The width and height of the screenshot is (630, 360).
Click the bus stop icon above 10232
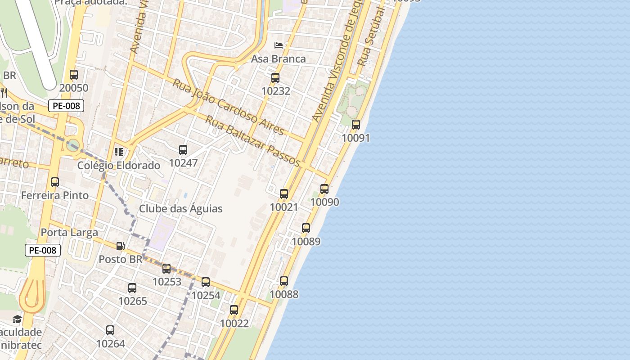click(275, 78)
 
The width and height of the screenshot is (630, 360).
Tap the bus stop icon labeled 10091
click(356, 125)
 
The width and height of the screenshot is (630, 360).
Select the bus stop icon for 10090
click(324, 189)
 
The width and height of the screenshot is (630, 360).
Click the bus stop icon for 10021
click(284, 194)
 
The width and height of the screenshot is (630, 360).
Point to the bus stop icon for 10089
click(306, 228)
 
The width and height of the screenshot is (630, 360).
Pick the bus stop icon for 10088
click(284, 281)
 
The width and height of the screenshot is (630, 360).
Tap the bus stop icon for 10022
click(234, 310)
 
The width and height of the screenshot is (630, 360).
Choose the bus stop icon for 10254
click(206, 282)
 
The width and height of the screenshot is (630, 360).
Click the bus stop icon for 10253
click(166, 269)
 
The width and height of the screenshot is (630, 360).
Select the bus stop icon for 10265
click(132, 288)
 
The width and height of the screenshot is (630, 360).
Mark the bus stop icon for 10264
click(110, 330)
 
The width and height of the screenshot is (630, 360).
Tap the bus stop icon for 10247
click(183, 150)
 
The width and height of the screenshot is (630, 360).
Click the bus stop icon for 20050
click(74, 75)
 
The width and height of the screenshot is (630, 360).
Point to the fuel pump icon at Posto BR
click(120, 246)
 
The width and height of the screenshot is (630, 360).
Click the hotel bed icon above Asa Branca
click(279, 45)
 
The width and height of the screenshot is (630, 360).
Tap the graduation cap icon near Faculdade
click(17, 319)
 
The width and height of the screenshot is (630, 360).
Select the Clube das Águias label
click(180, 209)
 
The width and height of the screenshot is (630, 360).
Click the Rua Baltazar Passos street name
click(252, 141)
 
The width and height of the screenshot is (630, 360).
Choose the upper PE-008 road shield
click(66, 106)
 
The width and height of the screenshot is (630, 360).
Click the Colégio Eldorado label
click(119, 166)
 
